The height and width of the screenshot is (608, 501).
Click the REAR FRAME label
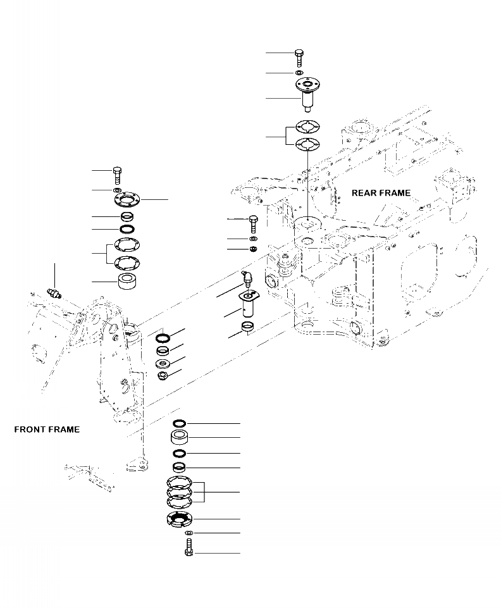click(x=381, y=193)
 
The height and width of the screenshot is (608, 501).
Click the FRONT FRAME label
click(x=47, y=430)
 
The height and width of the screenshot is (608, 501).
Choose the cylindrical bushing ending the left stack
click(x=129, y=281)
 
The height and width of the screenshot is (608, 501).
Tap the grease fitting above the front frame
click(x=54, y=293)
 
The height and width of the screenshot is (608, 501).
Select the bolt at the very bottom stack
click(x=189, y=549)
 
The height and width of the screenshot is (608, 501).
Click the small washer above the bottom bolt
click(x=188, y=534)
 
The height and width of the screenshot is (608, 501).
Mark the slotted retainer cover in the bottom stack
click(x=179, y=520)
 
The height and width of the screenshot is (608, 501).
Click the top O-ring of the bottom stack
click(x=179, y=423)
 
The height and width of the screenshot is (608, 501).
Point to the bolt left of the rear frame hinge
click(x=253, y=223)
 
